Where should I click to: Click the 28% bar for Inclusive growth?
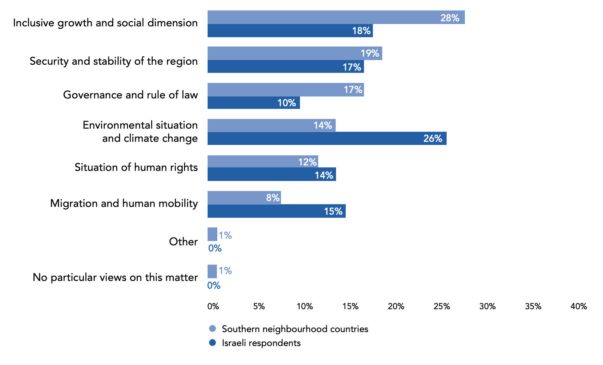pos(336,17)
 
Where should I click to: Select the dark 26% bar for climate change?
pos(327,138)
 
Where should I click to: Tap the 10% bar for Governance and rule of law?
pos(254,103)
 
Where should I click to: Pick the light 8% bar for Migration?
pos(244,198)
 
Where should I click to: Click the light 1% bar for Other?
pos(212,234)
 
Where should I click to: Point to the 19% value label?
pos(370,53)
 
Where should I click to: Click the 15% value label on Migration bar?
pos(333,211)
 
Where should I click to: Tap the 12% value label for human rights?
pos(307,162)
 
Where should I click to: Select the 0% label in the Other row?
pos(215,248)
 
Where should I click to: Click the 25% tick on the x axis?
pos(442,306)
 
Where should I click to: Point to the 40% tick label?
pos(579,306)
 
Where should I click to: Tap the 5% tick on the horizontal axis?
pos(259,306)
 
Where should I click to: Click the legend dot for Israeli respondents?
pos(212,343)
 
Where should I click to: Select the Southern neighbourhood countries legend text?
pos(295,329)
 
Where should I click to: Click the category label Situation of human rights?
pos(136,167)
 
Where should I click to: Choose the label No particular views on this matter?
pos(115,277)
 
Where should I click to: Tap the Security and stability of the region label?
pos(114,61)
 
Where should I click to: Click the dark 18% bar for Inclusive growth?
pos(290,30)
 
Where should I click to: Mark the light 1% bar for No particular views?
pos(212,271)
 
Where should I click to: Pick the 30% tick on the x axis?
pos(487,306)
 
